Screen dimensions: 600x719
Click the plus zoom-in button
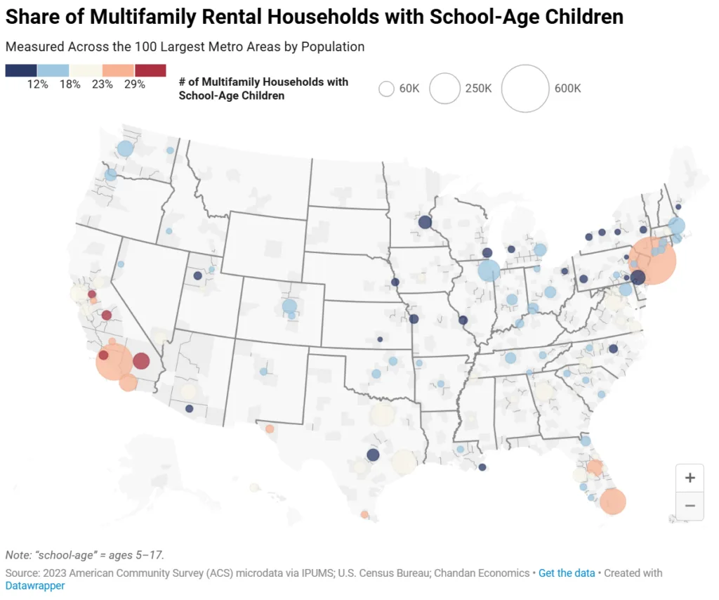[x=690, y=478]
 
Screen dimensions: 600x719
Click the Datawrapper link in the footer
[x=35, y=585]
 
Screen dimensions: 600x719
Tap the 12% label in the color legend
[x=37, y=84]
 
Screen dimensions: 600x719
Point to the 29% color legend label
[x=134, y=84]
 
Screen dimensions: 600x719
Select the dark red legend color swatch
[x=150, y=70]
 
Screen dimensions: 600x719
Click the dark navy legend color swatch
[x=21, y=70]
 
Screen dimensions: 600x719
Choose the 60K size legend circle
[x=386, y=89]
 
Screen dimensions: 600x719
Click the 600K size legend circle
[x=525, y=89]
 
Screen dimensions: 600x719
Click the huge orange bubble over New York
[x=652, y=261]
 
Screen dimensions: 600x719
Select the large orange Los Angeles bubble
[x=114, y=361]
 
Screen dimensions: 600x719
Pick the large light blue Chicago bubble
[x=489, y=270]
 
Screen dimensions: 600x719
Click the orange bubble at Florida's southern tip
[x=612, y=502]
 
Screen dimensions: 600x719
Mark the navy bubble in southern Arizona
[x=189, y=408]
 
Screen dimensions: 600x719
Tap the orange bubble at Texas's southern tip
[x=364, y=514]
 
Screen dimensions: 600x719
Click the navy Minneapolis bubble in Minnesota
[x=425, y=222]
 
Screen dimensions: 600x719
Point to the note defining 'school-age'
[x=85, y=554]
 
